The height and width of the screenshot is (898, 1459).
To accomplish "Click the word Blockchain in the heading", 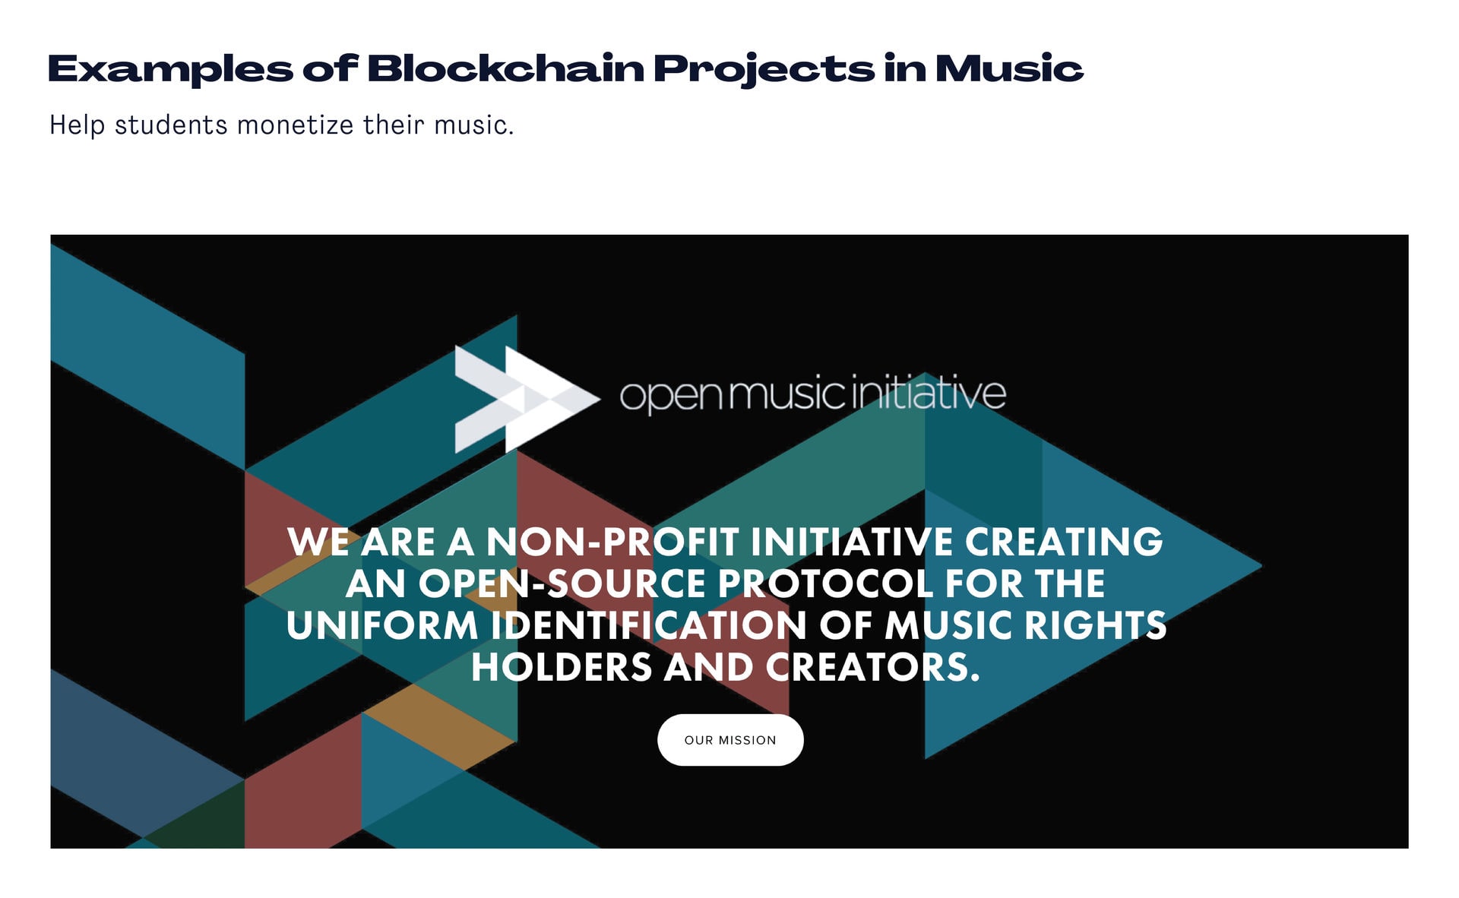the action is pyautogui.click(x=506, y=68).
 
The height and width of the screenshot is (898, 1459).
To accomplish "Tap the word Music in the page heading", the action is pyautogui.click(x=1009, y=68).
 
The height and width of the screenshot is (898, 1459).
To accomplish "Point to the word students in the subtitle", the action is pyautogui.click(x=171, y=125).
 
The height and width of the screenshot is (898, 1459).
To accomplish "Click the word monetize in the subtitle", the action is pyautogui.click(x=296, y=125).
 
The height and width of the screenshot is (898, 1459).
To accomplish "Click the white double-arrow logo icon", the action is pyautogui.click(x=527, y=400).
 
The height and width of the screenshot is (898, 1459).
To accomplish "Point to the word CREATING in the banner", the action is pyautogui.click(x=1064, y=542).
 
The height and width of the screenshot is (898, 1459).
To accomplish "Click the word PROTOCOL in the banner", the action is pyautogui.click(x=825, y=584).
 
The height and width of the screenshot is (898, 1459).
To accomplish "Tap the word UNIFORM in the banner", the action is pyautogui.click(x=383, y=626).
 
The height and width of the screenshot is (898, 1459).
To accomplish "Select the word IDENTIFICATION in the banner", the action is pyautogui.click(x=649, y=626).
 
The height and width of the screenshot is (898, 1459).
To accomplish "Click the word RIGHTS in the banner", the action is pyautogui.click(x=1095, y=626).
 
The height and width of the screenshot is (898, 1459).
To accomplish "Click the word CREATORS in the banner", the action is pyautogui.click(x=873, y=668).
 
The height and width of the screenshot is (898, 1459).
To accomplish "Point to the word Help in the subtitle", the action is pyautogui.click(x=78, y=125).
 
